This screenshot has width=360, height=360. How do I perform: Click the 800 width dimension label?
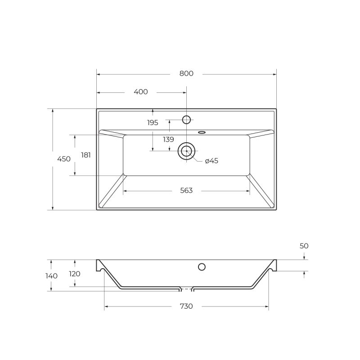tap(186, 74)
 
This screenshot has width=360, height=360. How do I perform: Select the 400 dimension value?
tap(141, 92)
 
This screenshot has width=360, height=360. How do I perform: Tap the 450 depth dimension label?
tap(64, 159)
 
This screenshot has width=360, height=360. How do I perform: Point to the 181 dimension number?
tap(86, 155)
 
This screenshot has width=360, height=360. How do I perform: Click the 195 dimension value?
tap(153, 122)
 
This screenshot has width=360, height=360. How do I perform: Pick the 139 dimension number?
tap(168, 139)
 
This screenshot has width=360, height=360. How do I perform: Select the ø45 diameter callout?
tap(211, 161)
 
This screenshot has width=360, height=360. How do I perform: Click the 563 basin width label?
tap(186, 191)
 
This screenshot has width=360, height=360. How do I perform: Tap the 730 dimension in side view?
tap(186, 306)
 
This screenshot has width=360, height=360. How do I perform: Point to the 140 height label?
tap(51, 276)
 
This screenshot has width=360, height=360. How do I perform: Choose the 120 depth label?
tap(75, 274)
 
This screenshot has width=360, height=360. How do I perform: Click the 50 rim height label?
tap(304, 246)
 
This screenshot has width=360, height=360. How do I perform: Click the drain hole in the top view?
tap(186, 151)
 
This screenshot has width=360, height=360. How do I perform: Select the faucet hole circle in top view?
tap(186, 119)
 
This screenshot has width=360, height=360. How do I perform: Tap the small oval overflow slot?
tap(202, 132)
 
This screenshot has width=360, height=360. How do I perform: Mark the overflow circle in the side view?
tap(202, 267)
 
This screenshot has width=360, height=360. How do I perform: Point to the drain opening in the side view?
tap(186, 287)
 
